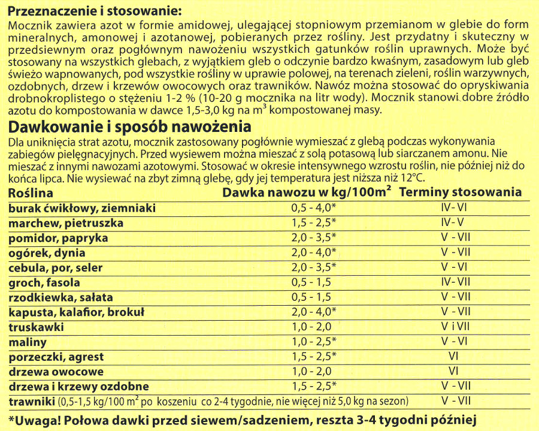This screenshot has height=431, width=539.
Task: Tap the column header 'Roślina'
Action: [31, 193]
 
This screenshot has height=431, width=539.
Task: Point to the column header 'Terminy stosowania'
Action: [460, 192]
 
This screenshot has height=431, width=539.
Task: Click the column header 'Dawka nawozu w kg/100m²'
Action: [307, 192]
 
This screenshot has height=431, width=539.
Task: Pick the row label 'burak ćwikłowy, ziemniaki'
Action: [82, 208]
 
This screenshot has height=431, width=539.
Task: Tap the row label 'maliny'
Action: [28, 342]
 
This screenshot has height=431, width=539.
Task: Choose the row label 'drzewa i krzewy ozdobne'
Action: [78, 387]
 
